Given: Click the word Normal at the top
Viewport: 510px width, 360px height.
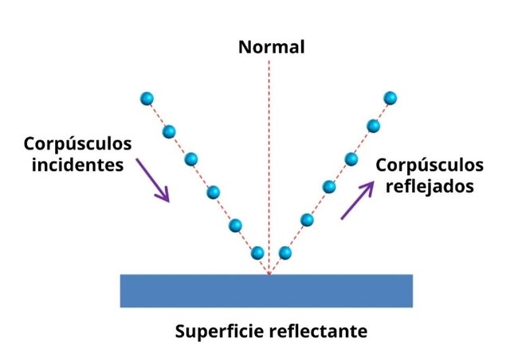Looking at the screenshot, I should [x=272, y=47].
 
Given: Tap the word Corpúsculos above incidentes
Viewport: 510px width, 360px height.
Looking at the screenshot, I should [x=77, y=143].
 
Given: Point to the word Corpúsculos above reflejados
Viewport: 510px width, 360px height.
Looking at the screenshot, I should [x=430, y=166].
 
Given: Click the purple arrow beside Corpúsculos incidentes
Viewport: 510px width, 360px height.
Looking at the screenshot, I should [x=153, y=179].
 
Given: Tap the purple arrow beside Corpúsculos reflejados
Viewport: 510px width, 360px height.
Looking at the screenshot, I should [x=356, y=198].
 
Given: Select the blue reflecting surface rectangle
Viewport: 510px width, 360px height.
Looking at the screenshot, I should [x=266, y=291].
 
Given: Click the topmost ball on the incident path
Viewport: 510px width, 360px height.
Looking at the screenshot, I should [x=147, y=99].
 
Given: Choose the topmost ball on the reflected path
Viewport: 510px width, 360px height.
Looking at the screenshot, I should [x=390, y=98].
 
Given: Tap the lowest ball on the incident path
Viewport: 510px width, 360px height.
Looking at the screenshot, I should [x=257, y=253].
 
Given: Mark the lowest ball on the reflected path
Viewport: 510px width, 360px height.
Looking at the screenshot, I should [x=284, y=253].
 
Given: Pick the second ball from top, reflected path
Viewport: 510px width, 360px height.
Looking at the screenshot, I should [x=372, y=125].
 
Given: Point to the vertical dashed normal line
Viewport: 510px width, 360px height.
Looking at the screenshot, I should [x=269, y=159].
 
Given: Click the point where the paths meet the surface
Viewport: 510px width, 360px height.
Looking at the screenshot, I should [x=269, y=275].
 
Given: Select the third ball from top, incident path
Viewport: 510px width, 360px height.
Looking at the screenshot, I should [x=191, y=159].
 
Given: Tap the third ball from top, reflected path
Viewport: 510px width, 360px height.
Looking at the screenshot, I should [x=350, y=158].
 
